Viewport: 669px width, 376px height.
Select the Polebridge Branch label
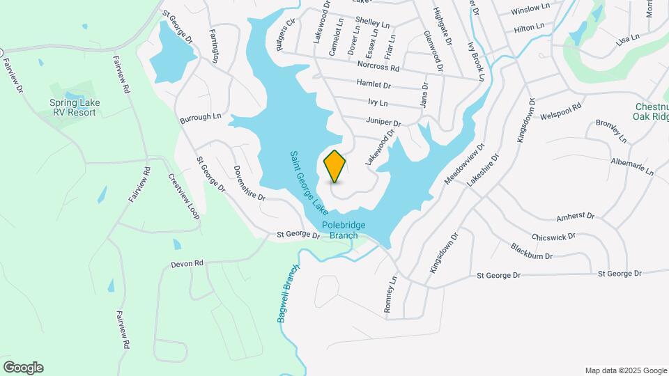click(344, 230)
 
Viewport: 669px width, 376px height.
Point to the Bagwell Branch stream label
click(288, 294)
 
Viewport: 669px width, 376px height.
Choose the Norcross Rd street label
click(378, 68)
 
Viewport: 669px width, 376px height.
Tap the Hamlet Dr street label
click(374, 85)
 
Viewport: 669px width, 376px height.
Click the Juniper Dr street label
click(384, 122)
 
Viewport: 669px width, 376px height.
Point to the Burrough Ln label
click(200, 117)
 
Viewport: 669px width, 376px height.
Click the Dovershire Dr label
click(249, 183)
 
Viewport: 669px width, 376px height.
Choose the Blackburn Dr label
click(531, 251)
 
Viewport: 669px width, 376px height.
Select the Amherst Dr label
click(575, 217)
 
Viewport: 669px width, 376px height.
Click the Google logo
click(23, 368)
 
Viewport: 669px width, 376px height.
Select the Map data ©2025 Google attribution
click(626, 370)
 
